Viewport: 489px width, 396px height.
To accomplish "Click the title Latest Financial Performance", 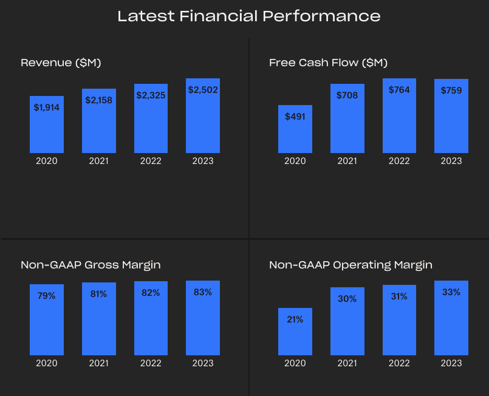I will [x=249, y=16].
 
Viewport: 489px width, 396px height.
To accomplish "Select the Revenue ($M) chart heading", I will [x=61, y=63].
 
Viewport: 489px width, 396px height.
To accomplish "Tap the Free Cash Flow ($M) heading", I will [x=328, y=63].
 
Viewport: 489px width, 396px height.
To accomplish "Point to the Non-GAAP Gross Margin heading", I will [x=91, y=265].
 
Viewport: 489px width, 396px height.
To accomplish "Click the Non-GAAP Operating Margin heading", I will [x=351, y=265].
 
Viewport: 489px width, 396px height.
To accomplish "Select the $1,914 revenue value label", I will [x=47, y=107].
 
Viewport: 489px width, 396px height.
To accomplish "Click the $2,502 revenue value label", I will [x=203, y=90].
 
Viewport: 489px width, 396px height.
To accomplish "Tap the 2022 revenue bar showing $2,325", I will [x=151, y=121].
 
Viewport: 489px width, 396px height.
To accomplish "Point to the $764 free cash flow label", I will [x=399, y=90].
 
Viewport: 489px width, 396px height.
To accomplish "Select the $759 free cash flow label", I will [x=451, y=90].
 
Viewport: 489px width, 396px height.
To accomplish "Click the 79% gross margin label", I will [x=47, y=296].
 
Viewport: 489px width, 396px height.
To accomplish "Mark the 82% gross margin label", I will [x=151, y=293].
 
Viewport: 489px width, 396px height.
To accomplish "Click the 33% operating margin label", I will [x=451, y=292].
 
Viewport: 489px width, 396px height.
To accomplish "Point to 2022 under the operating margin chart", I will [x=399, y=363].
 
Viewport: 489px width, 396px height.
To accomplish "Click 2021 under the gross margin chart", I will [x=99, y=363].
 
